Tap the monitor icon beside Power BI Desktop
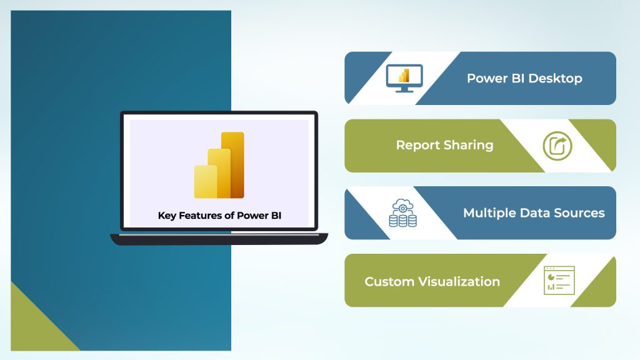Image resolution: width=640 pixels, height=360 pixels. coord(404,78)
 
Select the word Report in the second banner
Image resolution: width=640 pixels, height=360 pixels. coord(417,145)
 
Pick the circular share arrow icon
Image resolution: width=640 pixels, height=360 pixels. coord(557,146)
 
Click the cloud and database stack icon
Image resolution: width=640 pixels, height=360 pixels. coord(403,212)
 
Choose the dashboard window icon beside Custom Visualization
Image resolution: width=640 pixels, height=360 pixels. coord(559,280)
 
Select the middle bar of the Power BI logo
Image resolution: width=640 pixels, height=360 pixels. coord(219,173)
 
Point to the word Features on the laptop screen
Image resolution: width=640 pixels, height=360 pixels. coord(202,216)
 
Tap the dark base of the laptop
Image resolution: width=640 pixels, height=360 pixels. coord(219,239)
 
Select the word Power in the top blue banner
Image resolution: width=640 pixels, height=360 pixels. coord(487,79)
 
